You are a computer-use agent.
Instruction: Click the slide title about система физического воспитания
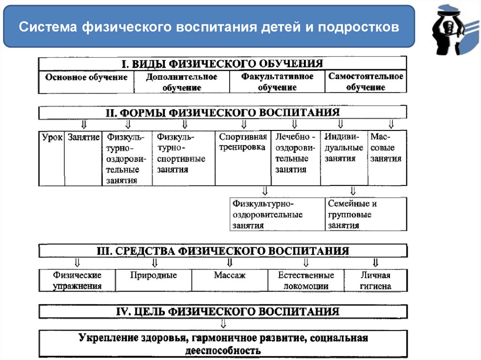coord(209,26)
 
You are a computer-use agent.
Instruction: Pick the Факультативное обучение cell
coord(277,82)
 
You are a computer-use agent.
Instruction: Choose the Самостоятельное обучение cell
coord(365,82)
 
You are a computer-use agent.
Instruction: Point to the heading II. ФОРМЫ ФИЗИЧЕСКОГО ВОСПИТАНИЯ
coord(222,113)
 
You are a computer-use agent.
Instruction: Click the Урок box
coord(52,138)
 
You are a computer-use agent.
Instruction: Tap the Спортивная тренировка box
coord(243,142)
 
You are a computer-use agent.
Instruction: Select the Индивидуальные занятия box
coord(343,148)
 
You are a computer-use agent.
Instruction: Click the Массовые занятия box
coord(386,148)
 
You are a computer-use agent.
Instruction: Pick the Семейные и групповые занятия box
coord(365,214)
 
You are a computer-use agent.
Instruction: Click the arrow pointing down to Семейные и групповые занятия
coord(353,191)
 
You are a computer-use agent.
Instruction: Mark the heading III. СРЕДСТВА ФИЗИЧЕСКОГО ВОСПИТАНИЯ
coord(222,251)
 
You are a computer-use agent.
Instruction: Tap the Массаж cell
coord(229,276)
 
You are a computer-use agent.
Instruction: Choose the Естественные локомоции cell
coord(306,281)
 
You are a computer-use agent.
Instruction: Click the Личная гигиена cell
coord(375,281)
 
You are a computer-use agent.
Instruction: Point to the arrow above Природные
coord(155,262)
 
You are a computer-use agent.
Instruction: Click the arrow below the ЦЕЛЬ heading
coord(224,324)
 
